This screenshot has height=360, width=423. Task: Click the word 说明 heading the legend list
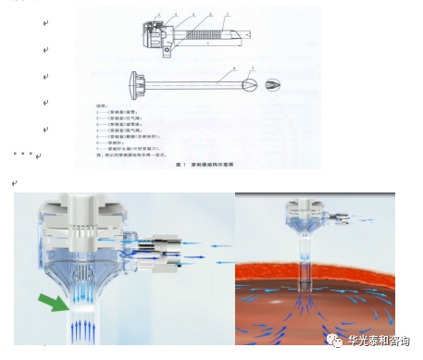pyautogui.click(x=104, y=106)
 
